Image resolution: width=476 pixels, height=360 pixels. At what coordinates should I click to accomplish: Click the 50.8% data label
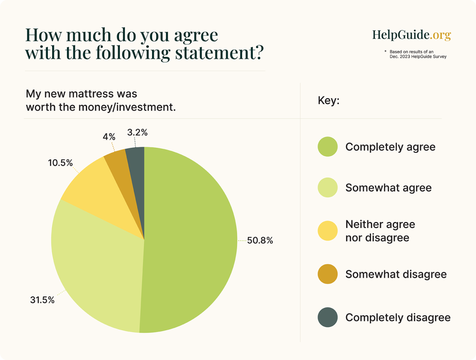260,241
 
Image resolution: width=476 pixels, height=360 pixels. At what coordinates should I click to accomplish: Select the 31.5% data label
42,300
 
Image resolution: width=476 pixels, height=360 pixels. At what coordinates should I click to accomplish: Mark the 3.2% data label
137,132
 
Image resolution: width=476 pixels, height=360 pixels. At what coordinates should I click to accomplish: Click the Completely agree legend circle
328,147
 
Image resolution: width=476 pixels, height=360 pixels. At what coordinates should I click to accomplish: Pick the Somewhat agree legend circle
328,188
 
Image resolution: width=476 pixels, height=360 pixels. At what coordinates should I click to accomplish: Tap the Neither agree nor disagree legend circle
328,231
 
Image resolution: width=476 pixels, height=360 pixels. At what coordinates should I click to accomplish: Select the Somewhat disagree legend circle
328,274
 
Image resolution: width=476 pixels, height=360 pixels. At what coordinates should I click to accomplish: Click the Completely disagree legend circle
328,318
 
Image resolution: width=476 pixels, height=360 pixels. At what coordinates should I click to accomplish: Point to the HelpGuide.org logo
411,35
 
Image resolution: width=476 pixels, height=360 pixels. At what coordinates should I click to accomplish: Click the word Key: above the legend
329,100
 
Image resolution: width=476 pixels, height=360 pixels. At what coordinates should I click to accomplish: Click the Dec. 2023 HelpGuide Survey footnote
418,57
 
